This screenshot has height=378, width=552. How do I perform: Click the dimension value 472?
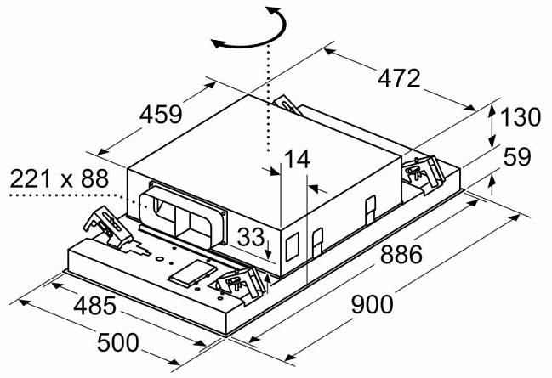(x=399, y=78)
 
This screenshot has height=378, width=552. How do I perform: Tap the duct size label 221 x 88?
(x=60, y=179)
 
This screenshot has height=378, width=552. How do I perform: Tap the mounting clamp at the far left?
(x=104, y=224)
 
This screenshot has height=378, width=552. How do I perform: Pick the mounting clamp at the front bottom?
(x=238, y=283)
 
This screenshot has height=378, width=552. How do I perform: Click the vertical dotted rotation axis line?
(x=267, y=93)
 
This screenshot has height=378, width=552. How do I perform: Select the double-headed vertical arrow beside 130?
(x=491, y=121)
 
